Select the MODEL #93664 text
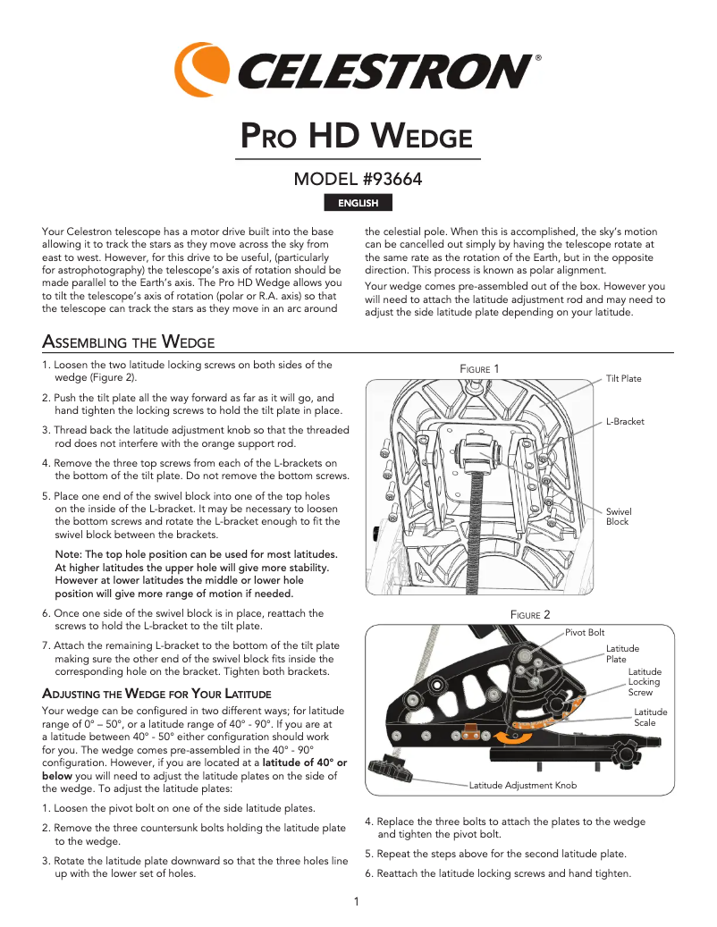[358, 180]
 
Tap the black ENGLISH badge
[358, 203]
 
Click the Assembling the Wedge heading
[128, 342]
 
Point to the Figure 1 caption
[479, 369]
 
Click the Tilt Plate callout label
[623, 378]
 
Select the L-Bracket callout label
[625, 421]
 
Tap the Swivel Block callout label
[619, 517]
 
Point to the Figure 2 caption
[529, 614]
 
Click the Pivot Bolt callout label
[585, 632]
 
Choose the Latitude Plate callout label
[622, 653]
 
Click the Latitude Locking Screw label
[644, 681]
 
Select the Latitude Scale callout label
[650, 717]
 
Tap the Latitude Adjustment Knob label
[523, 785]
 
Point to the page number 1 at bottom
[356, 901]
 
